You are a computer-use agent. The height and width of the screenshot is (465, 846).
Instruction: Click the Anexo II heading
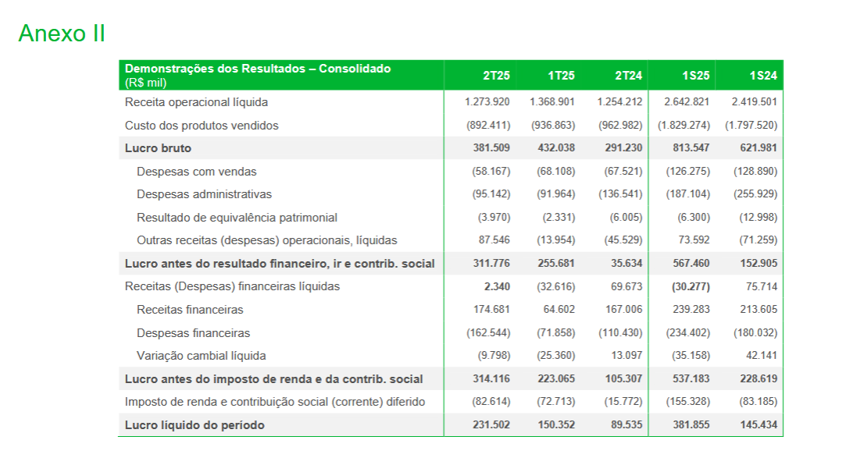point(62,34)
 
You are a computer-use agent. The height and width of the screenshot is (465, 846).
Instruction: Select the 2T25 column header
point(496,76)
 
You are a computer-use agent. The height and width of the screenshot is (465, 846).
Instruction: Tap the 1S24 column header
point(762,76)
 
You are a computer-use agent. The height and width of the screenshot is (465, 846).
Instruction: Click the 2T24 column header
point(628,76)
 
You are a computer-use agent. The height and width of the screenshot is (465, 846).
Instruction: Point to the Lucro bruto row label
point(158,148)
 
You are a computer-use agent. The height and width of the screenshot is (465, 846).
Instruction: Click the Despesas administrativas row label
point(204,194)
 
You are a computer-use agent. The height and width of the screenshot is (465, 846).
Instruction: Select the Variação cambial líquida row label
point(201,356)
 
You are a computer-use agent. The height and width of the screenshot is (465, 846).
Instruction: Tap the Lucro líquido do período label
point(195,425)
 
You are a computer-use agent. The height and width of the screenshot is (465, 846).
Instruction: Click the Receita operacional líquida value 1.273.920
point(487,102)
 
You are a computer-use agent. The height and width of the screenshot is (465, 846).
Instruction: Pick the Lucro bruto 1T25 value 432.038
point(556,148)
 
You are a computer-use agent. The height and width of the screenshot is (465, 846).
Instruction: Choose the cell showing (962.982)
point(620,125)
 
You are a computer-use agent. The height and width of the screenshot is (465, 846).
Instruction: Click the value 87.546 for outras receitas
point(494,240)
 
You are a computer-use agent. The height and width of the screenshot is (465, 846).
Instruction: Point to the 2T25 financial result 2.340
point(497,286)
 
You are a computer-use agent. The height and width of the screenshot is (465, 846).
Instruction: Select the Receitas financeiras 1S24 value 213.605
point(759,310)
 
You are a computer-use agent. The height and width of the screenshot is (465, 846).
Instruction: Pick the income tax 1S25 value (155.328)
point(687,402)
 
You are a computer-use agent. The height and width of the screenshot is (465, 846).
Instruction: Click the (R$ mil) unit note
point(146,83)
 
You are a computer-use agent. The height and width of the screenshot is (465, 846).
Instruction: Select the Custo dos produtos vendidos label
point(202,125)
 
